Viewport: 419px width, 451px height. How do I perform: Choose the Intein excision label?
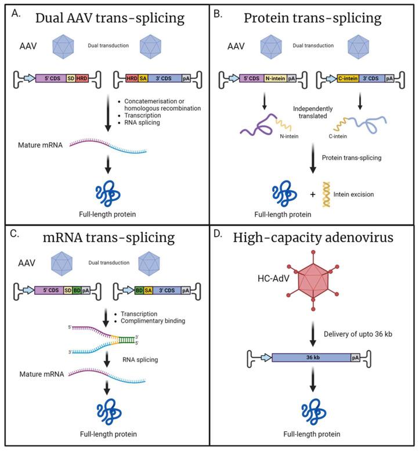click(x=363, y=193)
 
